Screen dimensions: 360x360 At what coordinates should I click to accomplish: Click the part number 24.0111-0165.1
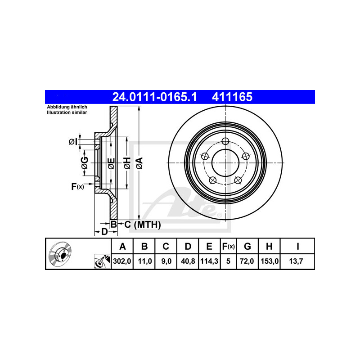pos(154,97)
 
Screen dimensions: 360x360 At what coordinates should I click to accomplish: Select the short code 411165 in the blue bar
pos(232,97)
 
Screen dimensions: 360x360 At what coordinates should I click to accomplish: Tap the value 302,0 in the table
pos(122,261)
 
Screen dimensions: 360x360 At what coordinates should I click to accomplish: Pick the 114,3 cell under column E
pos(209,261)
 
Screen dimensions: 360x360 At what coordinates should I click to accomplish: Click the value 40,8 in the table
pos(188,261)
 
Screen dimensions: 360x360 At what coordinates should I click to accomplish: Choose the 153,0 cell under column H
pos(270,261)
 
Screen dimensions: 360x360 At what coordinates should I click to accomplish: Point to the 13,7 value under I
pos(296,261)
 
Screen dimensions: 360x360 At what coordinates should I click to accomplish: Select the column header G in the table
pos(247,246)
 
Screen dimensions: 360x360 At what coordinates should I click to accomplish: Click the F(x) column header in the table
pos(229,246)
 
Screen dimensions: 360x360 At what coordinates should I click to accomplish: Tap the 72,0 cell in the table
pos(247,261)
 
